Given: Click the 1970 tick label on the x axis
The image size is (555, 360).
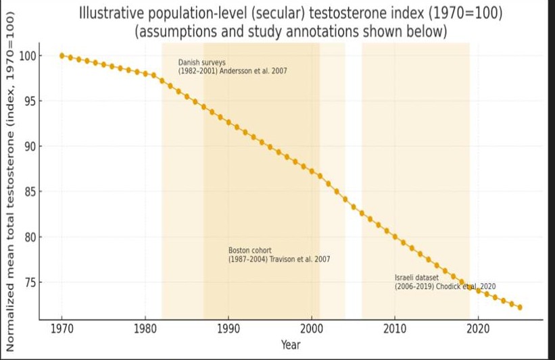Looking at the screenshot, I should coord(62,330).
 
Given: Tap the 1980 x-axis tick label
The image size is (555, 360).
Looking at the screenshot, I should coord(145,330).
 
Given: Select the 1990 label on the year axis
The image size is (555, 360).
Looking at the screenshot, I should coord(228,330).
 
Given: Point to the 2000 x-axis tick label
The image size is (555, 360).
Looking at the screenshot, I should coord(312,330).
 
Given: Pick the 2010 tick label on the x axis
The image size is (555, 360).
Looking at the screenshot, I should coord(395,330).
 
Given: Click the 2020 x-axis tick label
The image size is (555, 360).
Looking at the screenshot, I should coord(479,330).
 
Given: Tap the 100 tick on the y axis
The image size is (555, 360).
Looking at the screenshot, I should coord(28,56).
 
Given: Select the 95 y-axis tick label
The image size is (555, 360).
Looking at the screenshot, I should coord(30,101).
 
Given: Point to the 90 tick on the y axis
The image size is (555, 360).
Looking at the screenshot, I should coord(30,147).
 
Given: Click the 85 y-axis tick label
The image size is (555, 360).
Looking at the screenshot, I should coord(30,192).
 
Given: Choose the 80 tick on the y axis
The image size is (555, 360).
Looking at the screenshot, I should coord(30,237).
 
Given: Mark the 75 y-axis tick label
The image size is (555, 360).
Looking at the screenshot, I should coord(30,282).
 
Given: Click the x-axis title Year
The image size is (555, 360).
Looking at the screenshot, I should coord(291,345).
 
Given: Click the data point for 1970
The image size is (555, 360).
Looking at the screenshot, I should coord(62,55).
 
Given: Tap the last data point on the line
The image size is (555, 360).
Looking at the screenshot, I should coord(520,307).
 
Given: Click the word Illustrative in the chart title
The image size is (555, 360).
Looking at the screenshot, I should coord(112,13).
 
